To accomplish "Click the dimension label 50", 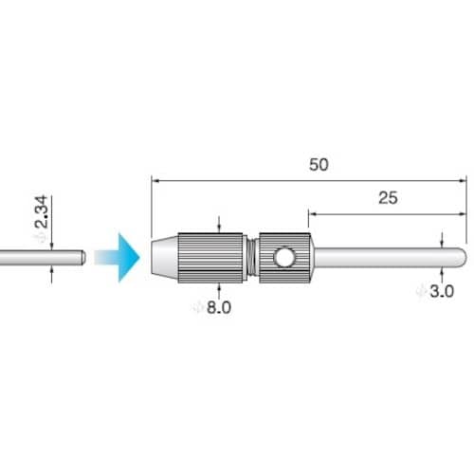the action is (x=319, y=165).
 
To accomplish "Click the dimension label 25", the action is (x=388, y=198).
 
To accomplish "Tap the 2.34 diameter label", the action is (x=41, y=212).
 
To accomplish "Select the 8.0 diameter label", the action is (x=219, y=307).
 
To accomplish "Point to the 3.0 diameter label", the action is (x=442, y=291).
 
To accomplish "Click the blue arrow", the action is (x=117, y=258).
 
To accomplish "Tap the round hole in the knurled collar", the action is (x=284, y=257).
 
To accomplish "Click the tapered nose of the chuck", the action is (x=165, y=258).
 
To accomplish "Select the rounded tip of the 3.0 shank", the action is (x=462, y=257).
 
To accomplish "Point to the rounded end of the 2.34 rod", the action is (x=82, y=258).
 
